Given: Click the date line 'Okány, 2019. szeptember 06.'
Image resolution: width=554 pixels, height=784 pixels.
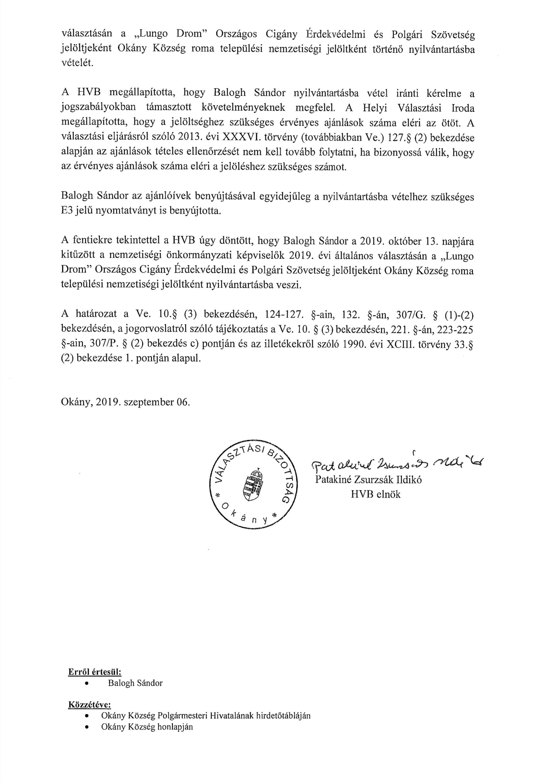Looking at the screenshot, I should pos(125,401).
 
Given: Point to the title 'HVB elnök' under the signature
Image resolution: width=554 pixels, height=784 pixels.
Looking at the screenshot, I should pos(375,494).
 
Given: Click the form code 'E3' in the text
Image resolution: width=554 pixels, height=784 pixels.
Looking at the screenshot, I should pos(67,211).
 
